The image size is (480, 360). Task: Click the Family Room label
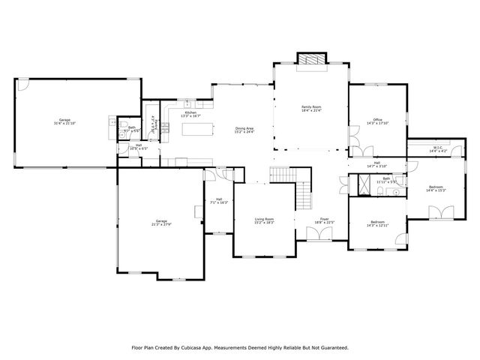311,110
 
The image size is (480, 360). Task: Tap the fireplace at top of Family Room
311,59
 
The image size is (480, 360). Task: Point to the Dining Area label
244,130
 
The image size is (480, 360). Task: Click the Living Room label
264,220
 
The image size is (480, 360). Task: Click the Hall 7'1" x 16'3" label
218,201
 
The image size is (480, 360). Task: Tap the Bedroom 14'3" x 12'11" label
377,223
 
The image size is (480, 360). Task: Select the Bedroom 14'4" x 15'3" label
436,188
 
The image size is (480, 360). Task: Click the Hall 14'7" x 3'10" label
376,164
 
